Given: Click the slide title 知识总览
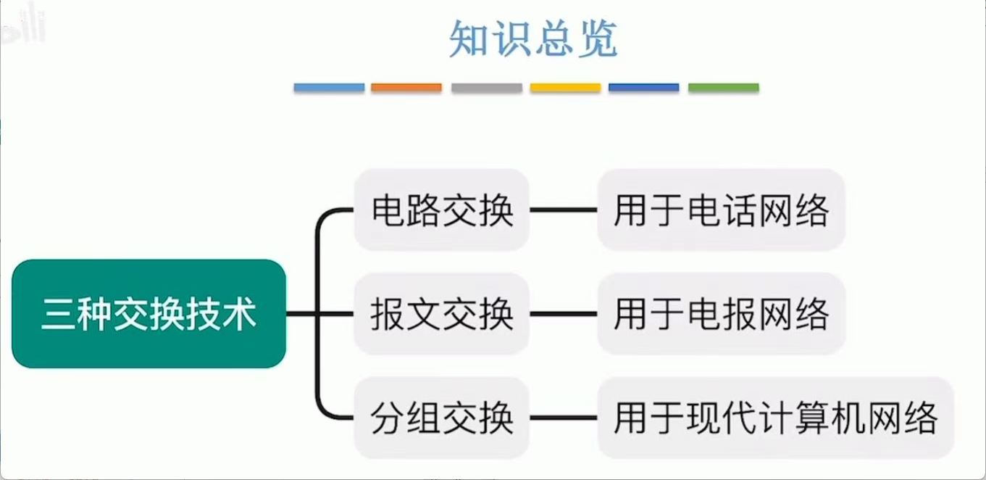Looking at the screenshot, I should [x=533, y=39].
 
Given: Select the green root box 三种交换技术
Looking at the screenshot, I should [x=149, y=313].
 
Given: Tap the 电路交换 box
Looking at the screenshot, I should [x=442, y=210].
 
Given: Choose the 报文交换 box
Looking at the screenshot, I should [x=442, y=314].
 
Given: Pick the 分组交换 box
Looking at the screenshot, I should [x=442, y=418].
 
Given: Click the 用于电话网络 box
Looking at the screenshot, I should [x=721, y=210].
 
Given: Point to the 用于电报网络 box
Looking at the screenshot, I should [x=721, y=314].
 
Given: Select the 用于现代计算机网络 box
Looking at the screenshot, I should [x=775, y=418].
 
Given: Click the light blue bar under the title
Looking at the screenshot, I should [x=329, y=88].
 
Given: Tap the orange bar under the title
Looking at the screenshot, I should [x=406, y=88].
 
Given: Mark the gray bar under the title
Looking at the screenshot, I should [x=486, y=88].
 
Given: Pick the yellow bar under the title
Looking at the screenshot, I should [x=565, y=88].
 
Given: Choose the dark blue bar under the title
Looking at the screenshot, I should [x=643, y=88].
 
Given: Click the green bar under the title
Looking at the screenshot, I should [x=723, y=88].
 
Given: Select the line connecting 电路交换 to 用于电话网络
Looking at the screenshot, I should [x=564, y=210].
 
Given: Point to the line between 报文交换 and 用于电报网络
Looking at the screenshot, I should [x=564, y=314].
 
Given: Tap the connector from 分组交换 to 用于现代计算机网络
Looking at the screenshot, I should [x=564, y=418].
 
